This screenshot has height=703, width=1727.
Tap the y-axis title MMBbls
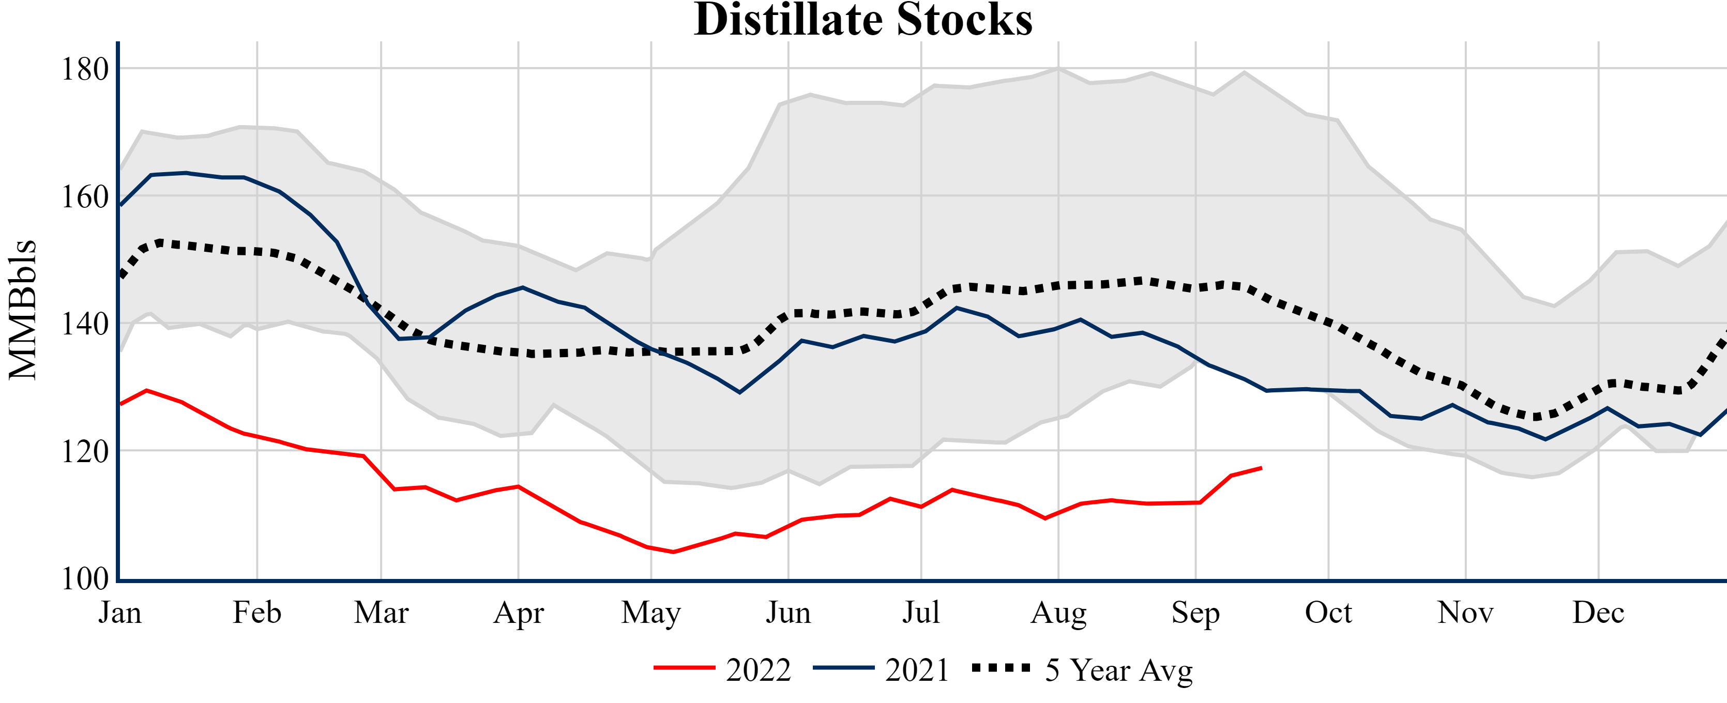pyautogui.click(x=22, y=310)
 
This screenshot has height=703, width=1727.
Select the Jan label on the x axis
pyautogui.click(x=120, y=613)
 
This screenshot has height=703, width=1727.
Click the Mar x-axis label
pyautogui.click(x=381, y=613)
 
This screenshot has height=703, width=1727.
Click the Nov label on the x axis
pyautogui.click(x=1465, y=613)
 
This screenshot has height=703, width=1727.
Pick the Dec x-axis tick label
pyautogui.click(x=1598, y=613)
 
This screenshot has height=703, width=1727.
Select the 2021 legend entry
pyautogui.click(x=881, y=669)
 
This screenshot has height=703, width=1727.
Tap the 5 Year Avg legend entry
pyautogui.click(x=1082, y=669)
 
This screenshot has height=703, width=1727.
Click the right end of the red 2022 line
pyautogui.click(x=1261, y=468)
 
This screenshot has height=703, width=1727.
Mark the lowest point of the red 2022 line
pyautogui.click(x=673, y=552)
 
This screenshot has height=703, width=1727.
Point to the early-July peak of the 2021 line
pyautogui.click(x=956, y=308)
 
